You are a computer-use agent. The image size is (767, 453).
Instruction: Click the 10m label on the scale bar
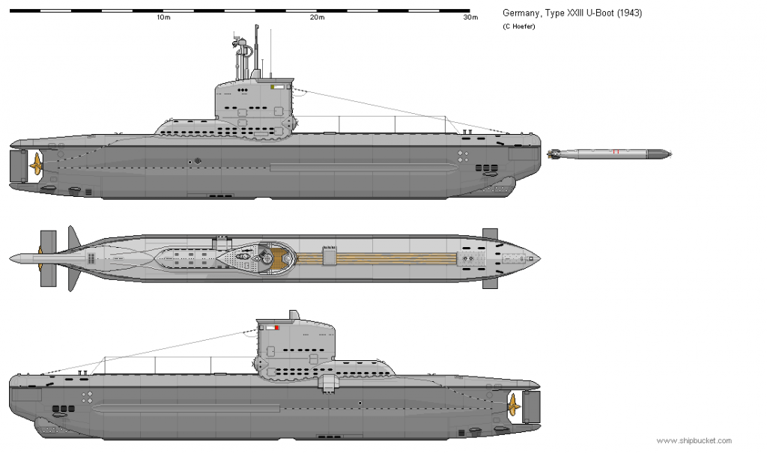click(163, 17)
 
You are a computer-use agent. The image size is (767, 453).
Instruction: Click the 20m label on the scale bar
click(317, 17)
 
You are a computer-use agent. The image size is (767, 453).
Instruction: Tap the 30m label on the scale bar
click(470, 17)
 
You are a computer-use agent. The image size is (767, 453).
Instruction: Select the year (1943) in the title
click(629, 13)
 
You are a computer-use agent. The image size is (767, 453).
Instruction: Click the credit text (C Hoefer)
click(518, 26)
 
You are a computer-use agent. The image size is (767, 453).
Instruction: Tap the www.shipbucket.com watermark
click(694, 441)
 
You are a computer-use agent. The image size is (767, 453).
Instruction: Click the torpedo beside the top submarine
click(610, 154)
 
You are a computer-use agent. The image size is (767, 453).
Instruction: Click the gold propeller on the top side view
click(36, 165)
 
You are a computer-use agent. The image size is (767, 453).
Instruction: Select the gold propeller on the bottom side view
click(513, 406)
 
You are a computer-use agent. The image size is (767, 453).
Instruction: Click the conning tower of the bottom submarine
click(296, 342)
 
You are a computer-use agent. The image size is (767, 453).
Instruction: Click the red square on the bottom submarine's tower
click(277, 328)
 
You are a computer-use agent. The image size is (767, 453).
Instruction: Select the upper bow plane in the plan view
click(490, 234)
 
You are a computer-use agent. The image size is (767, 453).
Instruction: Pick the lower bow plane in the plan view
click(490, 282)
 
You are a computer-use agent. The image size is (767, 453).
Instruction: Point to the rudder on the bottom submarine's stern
click(531, 407)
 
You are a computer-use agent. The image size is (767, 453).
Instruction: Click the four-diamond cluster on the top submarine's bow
click(463, 156)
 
